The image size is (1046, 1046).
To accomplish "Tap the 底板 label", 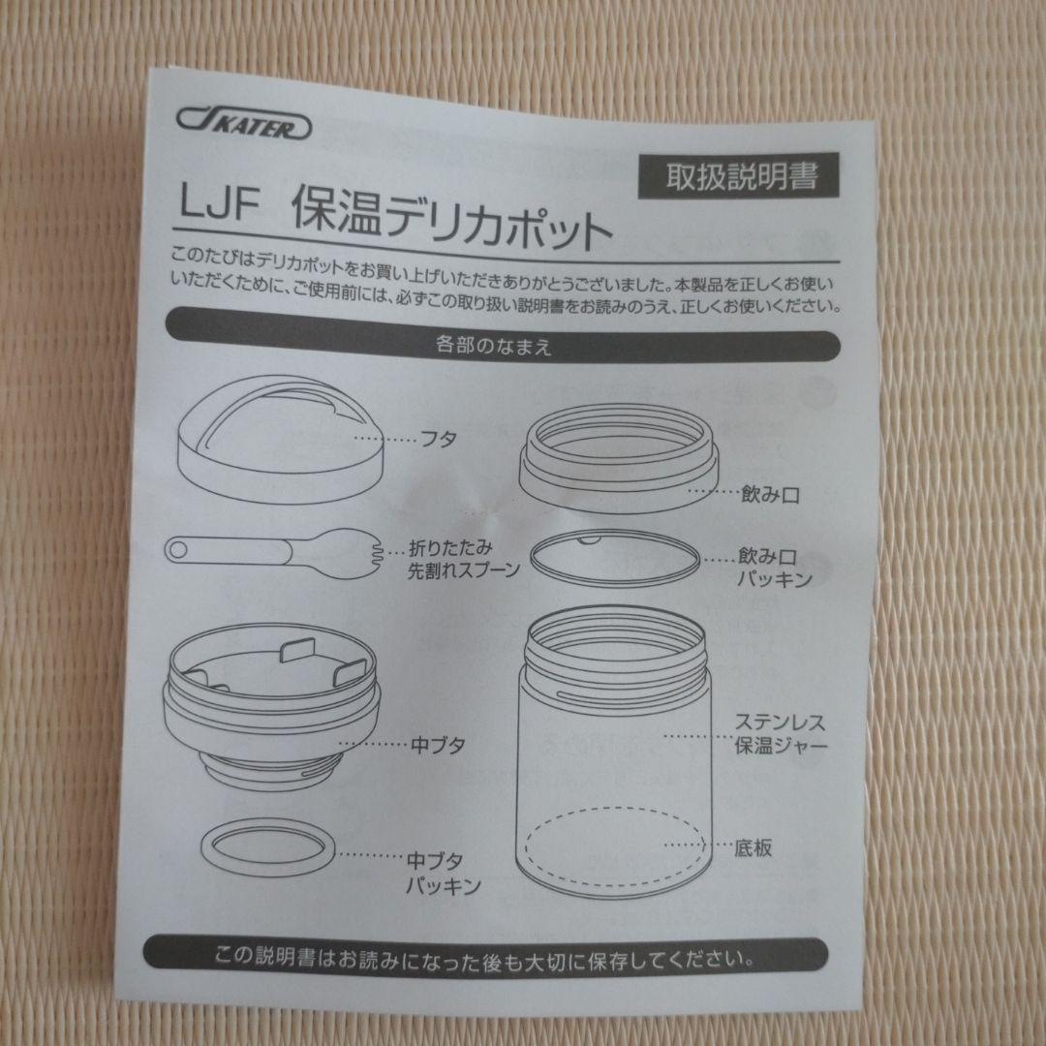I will [x=752, y=846].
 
